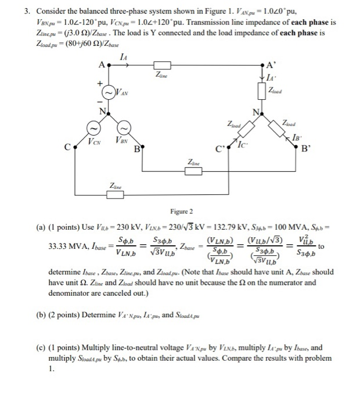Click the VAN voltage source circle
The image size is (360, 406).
coord(109,92)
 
